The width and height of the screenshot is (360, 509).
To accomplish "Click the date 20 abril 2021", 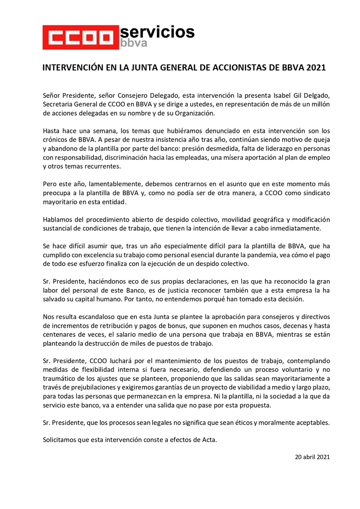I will pyautogui.click(x=312, y=456).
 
